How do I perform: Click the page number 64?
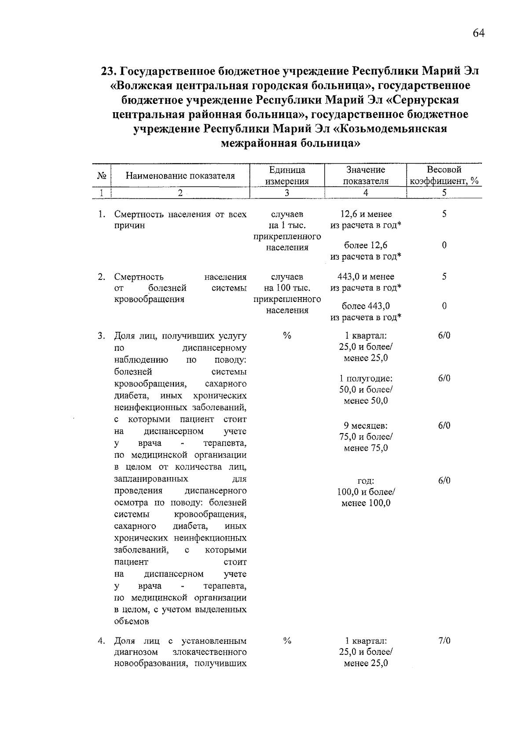[478, 33]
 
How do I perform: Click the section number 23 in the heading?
[108, 71]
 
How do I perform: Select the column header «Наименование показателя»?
[180, 176]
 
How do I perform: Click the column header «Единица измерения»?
[287, 175]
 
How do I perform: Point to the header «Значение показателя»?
[366, 175]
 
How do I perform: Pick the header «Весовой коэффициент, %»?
[444, 175]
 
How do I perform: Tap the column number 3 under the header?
[287, 193]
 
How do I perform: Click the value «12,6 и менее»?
[366, 214]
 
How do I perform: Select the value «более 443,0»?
[366, 306]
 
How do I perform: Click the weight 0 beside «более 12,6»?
[444, 246]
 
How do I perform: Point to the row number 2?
[102, 277]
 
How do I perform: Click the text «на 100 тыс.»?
[287, 288]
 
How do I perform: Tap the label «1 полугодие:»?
[366, 379]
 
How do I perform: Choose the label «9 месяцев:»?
[366, 426]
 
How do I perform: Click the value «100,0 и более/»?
[366, 492]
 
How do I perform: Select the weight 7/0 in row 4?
[444, 641]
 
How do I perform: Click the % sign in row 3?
[287, 336]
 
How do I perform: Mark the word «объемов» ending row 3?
[132, 621]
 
